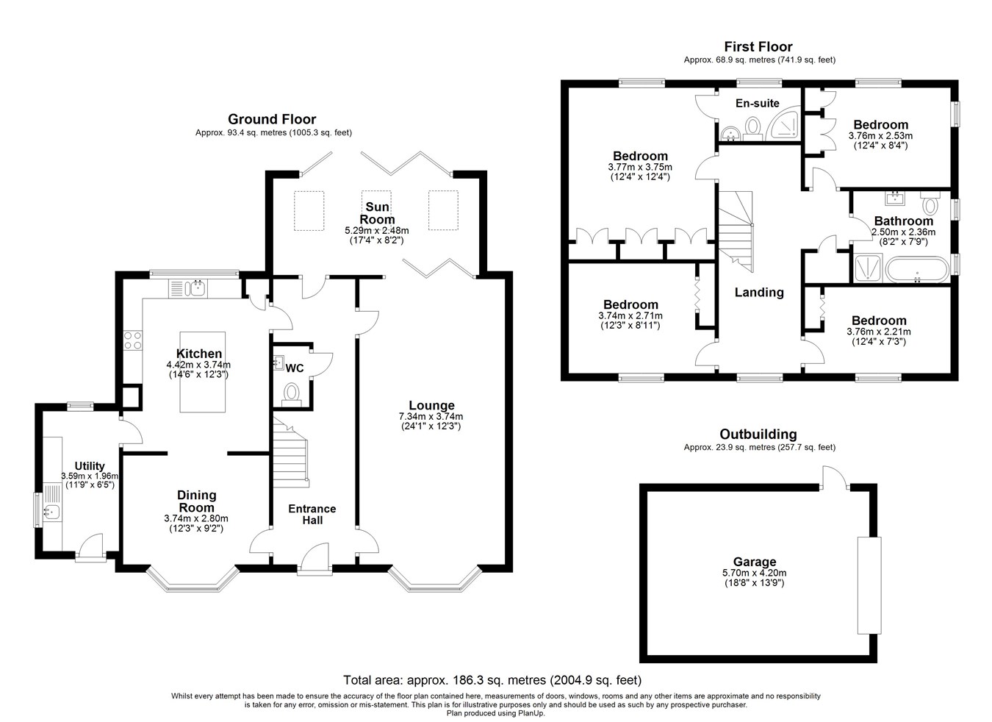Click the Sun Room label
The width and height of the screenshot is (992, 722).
pos(377,213)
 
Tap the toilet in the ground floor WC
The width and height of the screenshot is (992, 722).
pos(292,395)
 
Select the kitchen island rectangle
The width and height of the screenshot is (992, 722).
pos(202,372)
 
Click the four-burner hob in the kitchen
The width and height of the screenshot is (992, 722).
pos(133,340)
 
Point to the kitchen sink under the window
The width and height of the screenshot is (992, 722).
pos(188,288)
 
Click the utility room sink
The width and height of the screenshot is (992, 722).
pos(53,512)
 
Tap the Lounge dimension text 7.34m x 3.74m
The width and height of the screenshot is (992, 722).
pos(431,417)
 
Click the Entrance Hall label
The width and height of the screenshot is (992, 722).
pos(312,515)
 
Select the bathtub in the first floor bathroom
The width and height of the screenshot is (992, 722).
pos(917,269)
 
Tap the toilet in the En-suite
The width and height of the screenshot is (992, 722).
pos(752,129)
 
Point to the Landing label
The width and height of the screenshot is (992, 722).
pos(759,293)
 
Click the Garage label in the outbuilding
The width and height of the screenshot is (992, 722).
pos(754,562)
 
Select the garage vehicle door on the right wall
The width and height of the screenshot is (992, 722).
pos(869,585)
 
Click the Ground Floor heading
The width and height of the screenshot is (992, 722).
pos(272,119)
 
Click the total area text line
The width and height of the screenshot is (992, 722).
pos(492,680)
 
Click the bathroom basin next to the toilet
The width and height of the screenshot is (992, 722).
pos(895,199)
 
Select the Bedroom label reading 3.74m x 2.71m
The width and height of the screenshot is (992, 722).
pos(630,305)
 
